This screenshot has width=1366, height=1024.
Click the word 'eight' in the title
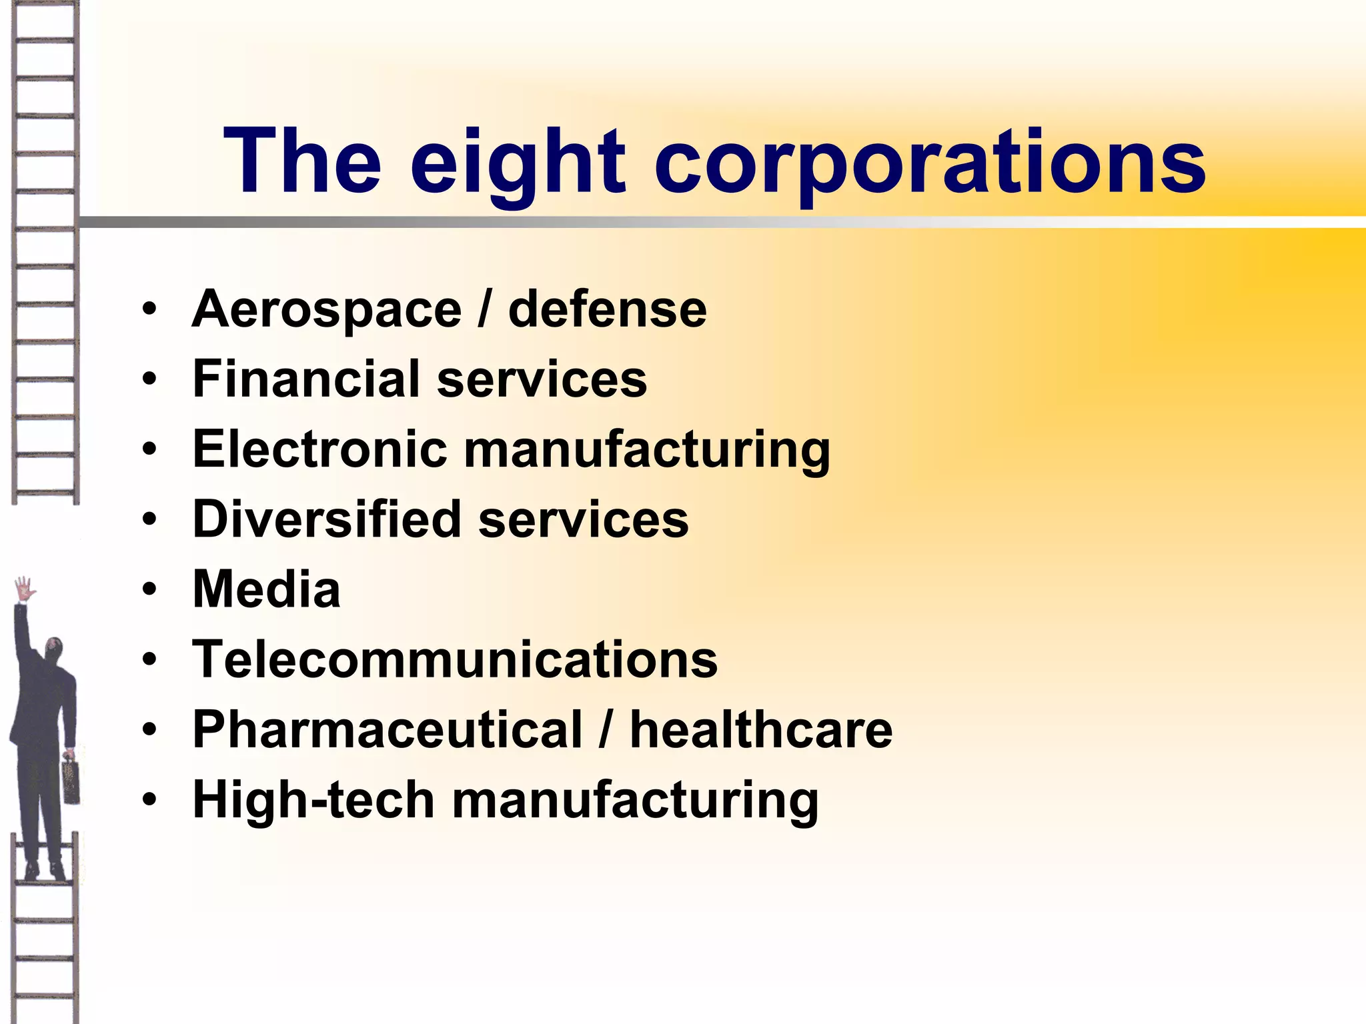[x=518, y=163]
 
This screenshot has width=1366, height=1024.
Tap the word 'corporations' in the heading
[x=931, y=163]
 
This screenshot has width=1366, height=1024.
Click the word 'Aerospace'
[x=327, y=310]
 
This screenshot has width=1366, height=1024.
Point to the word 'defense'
[x=607, y=310]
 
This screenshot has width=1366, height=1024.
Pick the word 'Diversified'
[x=327, y=519]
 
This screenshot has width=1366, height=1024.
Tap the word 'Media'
[x=267, y=589]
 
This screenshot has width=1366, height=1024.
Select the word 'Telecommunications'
[x=455, y=659]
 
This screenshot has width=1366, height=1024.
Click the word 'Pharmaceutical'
[x=388, y=729]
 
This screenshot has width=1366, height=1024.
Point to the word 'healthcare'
[x=761, y=729]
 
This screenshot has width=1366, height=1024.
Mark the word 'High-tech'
[x=313, y=799]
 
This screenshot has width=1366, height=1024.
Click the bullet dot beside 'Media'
[x=150, y=589]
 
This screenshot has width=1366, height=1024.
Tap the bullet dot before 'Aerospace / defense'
[x=150, y=310]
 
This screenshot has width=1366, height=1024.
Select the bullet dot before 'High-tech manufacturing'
[x=150, y=799]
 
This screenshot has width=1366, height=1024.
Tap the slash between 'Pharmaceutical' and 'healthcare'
[x=606, y=729]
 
